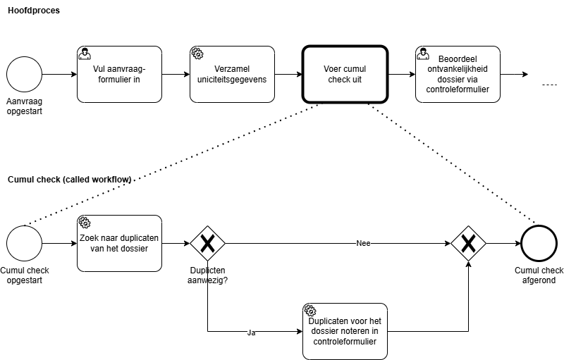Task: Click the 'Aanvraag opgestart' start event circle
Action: coord(25,74)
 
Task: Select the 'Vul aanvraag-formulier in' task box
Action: coord(119,74)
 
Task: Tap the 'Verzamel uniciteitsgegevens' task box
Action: coord(232,74)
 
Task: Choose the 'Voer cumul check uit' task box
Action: coord(345,74)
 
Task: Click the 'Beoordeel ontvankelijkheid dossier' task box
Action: coord(458,74)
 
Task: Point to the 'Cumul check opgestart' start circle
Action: coord(25,243)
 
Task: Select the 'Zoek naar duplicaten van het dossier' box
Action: coord(119,243)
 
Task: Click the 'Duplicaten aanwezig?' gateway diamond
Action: coord(207,243)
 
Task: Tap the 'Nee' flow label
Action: coord(363,243)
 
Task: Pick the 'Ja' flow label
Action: coord(251,333)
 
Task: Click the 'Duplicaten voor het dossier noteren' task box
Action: coord(345,331)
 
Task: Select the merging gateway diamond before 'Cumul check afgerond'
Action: coord(469,243)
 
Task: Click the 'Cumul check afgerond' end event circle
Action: coord(539,243)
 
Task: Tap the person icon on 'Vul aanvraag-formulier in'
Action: coord(85,54)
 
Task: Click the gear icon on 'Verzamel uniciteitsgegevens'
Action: coord(197,54)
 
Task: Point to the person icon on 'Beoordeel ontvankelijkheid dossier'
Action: coord(423,54)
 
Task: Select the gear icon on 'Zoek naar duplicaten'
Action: coord(85,223)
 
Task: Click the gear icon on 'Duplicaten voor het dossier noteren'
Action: coord(310,311)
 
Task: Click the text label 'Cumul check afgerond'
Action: coord(539,275)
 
